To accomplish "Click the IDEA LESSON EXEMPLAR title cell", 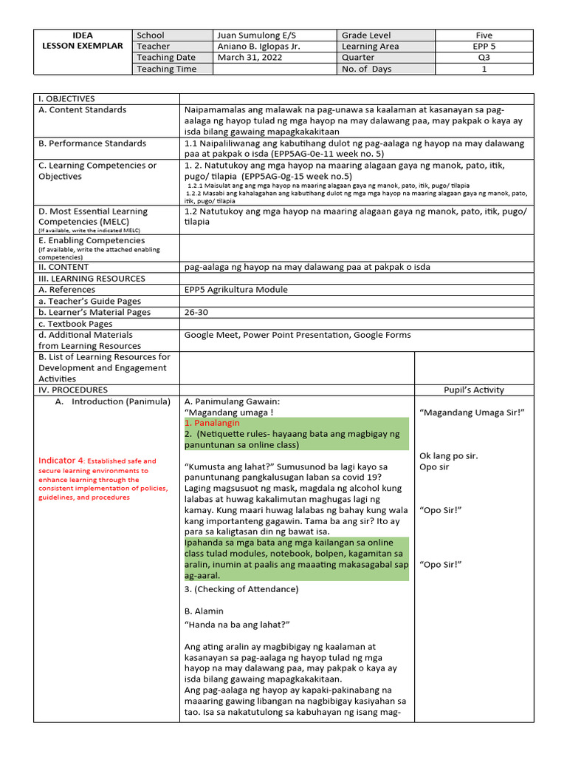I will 82,40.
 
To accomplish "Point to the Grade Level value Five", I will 484,35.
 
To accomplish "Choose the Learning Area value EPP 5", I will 484,46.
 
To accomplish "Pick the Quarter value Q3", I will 484,57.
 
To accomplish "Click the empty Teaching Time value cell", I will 275,69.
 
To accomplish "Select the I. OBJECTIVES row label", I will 66,98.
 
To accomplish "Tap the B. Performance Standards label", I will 92,143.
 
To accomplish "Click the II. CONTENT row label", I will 63,267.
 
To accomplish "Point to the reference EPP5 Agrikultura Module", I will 236,290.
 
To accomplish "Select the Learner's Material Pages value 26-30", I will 197,312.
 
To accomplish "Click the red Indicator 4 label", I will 62,461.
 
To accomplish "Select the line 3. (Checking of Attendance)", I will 241,588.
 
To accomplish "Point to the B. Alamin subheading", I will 204,611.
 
